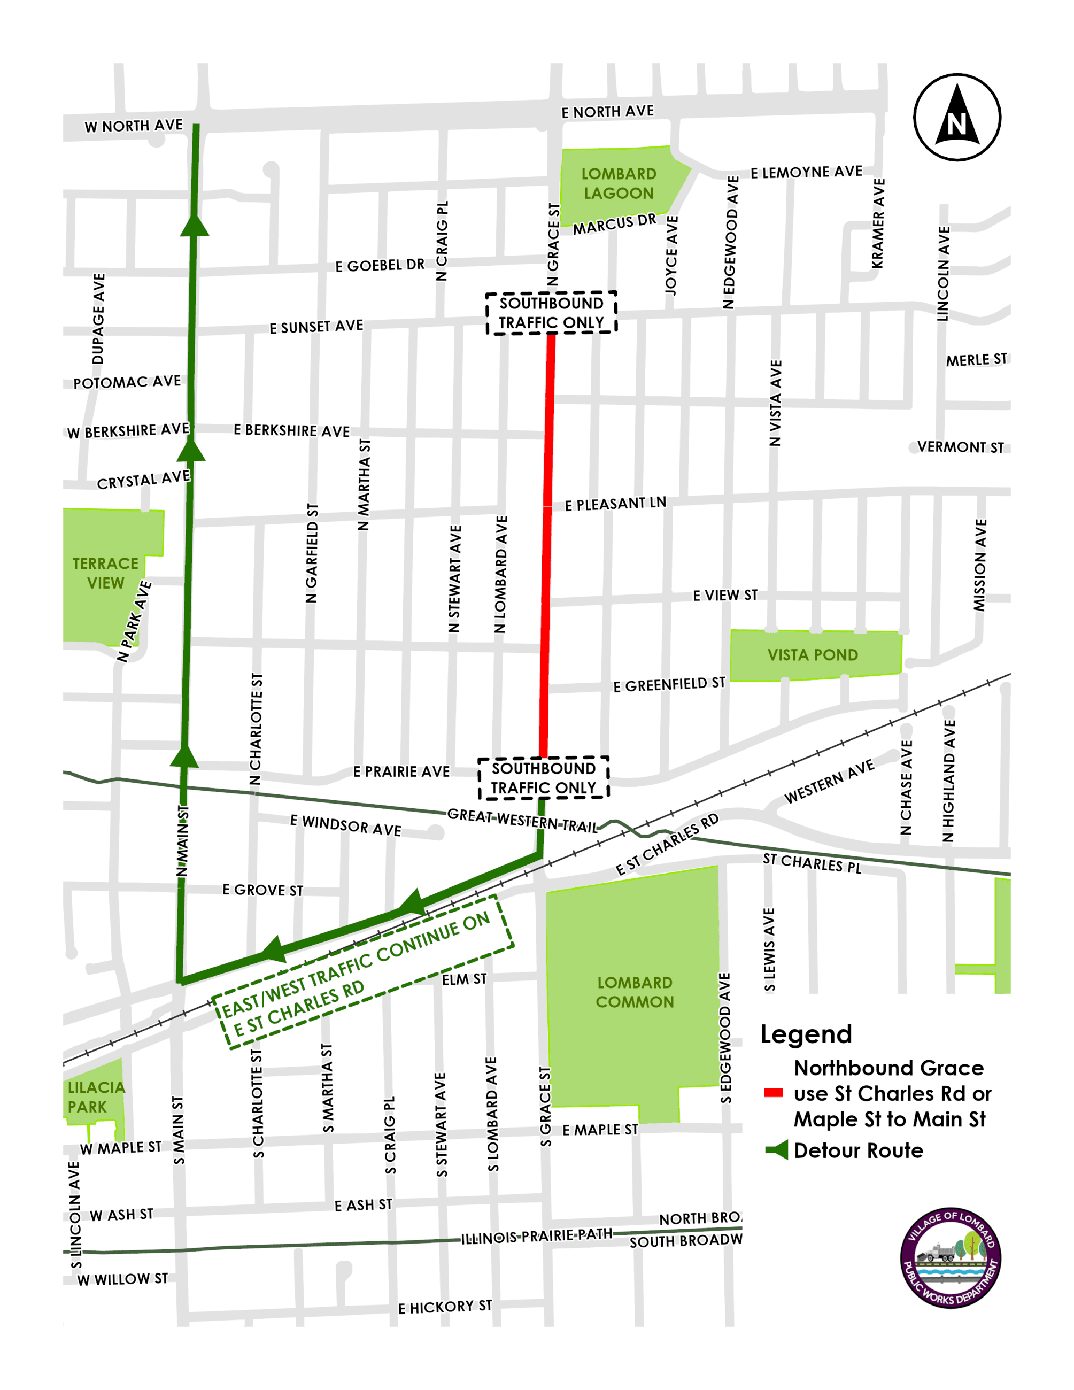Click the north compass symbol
pos(956,117)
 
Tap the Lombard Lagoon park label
pos(618,183)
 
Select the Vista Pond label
pos(813,655)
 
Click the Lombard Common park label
pos(635,992)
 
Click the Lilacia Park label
pos(96,1096)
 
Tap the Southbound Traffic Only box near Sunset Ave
pos(551,313)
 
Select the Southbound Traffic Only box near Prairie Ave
pos(543,778)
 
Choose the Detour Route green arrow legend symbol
pos(777,1150)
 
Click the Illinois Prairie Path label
pos(536,1236)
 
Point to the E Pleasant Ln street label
pos(615,504)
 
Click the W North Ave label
pos(134,126)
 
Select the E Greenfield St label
pos(669,685)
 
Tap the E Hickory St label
pos(445,1307)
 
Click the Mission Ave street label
pos(980,565)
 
